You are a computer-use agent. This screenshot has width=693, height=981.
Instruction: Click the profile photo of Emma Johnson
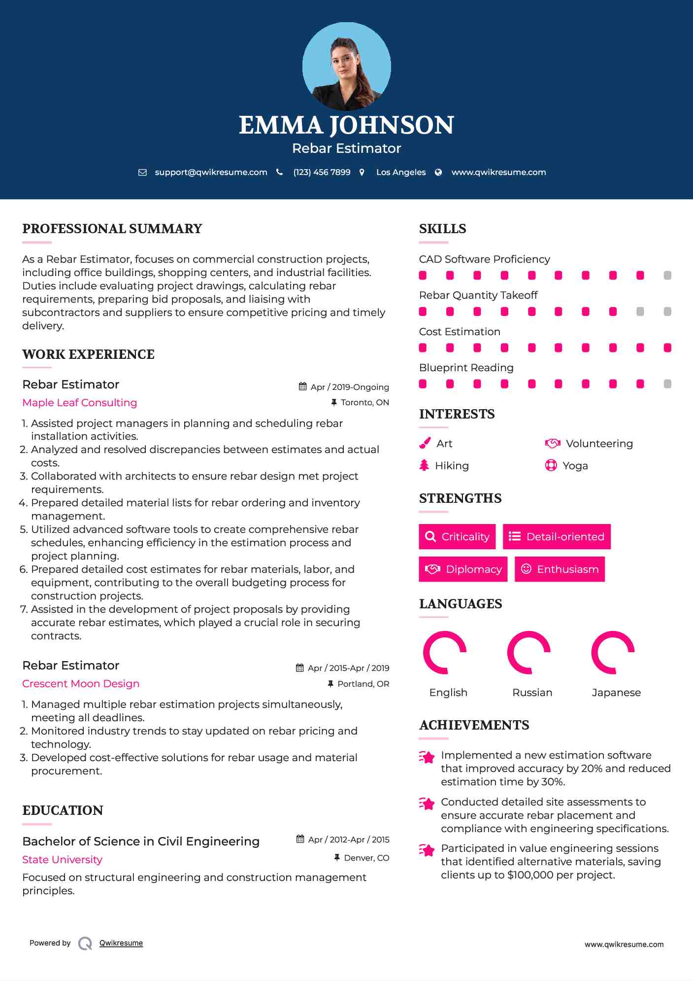346,67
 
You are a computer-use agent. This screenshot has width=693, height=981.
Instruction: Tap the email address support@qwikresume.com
211,173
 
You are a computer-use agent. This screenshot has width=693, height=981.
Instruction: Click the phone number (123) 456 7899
322,173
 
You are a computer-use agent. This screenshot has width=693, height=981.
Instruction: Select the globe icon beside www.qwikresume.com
438,173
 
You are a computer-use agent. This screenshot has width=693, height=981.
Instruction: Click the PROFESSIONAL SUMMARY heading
112,229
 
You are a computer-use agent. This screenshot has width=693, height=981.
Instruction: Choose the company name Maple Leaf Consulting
80,403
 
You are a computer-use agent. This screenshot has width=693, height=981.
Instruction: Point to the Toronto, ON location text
364,403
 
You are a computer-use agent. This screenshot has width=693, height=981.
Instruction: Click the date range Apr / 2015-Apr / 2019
348,668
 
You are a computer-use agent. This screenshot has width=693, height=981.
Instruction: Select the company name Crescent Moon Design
81,684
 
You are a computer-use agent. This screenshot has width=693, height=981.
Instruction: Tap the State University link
63,860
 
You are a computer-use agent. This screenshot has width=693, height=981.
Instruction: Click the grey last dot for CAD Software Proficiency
667,276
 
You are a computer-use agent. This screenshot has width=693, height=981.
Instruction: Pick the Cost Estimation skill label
460,332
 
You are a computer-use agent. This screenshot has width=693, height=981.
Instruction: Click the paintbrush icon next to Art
425,443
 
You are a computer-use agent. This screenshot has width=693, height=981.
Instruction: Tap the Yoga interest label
575,466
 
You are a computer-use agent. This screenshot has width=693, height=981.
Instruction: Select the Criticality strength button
457,536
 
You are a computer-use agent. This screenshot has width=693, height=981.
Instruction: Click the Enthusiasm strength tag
560,569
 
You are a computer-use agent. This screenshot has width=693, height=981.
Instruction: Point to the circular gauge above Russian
529,652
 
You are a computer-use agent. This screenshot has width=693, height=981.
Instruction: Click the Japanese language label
616,693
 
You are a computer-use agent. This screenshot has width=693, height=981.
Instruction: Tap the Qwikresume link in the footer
121,943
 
